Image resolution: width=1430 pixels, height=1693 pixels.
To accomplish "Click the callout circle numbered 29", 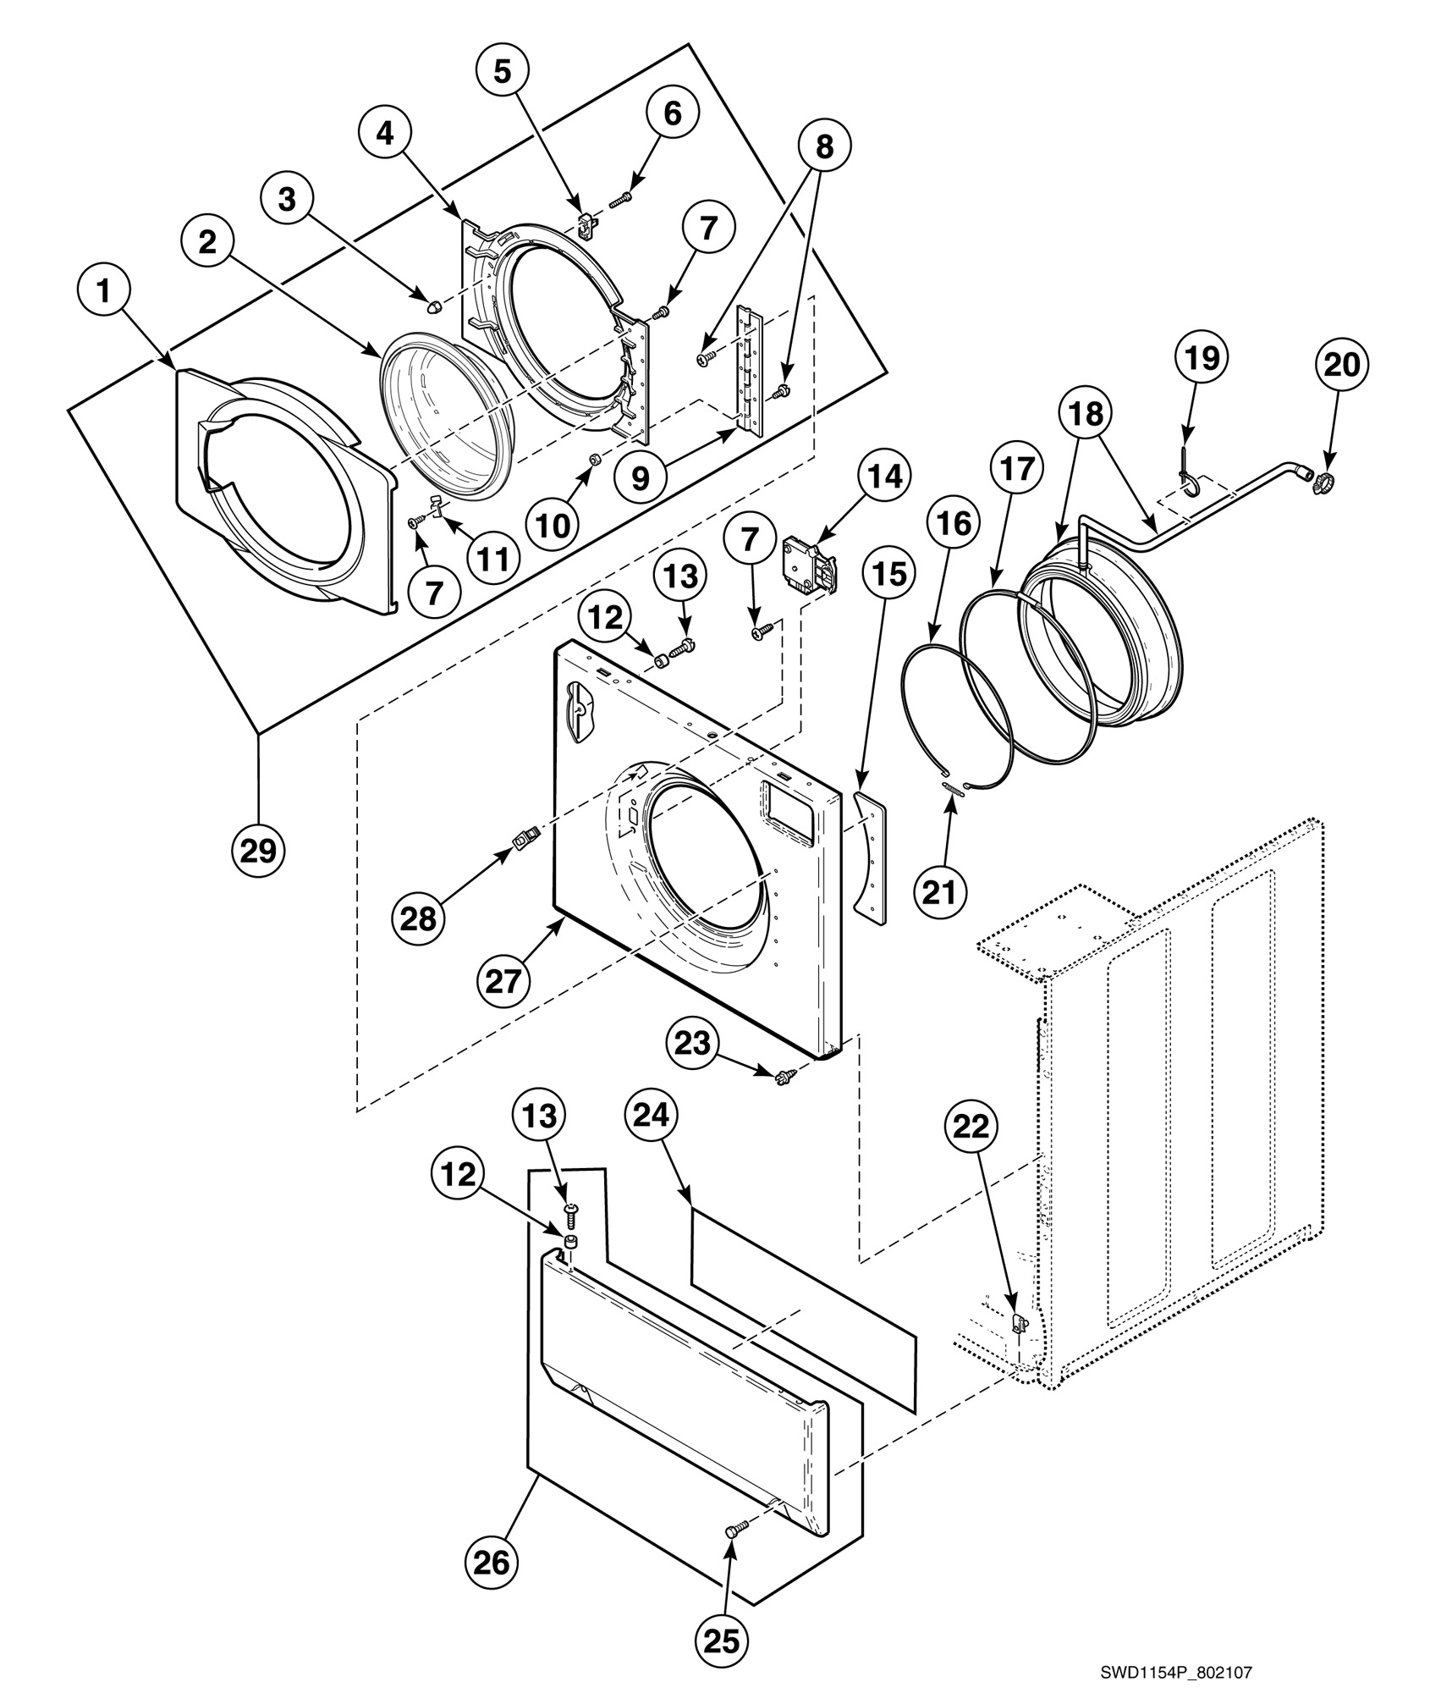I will click(x=259, y=849).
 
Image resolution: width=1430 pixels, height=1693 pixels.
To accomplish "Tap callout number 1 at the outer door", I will click(x=103, y=292).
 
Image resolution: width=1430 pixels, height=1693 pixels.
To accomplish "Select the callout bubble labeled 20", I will click(x=1341, y=364).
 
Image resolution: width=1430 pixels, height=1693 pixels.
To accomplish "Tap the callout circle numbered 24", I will click(x=652, y=1116).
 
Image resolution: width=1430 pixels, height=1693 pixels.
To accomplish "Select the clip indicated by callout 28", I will click(x=524, y=841).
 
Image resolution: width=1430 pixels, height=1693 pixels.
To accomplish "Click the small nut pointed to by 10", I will click(x=594, y=459).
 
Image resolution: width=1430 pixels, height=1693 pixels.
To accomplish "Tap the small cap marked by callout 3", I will click(x=432, y=303).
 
